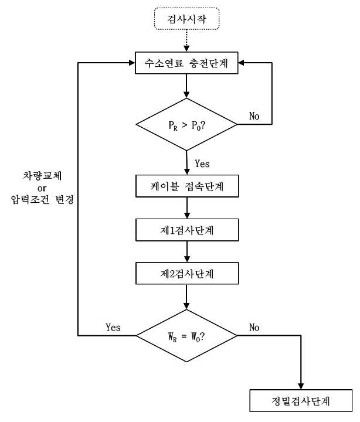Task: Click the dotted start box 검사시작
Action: [186, 19]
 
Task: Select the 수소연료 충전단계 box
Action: [186, 63]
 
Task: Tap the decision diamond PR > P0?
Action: [186, 124]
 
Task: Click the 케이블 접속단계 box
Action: [187, 186]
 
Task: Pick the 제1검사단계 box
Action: [187, 230]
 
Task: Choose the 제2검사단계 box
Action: [187, 274]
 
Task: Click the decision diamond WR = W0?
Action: [186, 336]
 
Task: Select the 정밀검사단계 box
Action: [301, 400]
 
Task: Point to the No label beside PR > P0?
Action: [254, 116]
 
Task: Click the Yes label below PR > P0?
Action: [202, 164]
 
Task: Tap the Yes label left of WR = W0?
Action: [113, 327]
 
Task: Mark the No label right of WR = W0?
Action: [254, 327]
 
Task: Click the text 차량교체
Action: [42, 176]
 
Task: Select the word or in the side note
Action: [42, 188]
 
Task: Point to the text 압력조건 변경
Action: [42, 200]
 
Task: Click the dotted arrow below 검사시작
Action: [186, 40]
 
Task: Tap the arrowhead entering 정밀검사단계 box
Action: [301, 386]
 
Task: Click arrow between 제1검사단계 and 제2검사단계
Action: [187, 251]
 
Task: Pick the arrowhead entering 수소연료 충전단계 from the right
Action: [242, 63]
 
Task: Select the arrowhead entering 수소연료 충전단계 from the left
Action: [132, 63]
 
